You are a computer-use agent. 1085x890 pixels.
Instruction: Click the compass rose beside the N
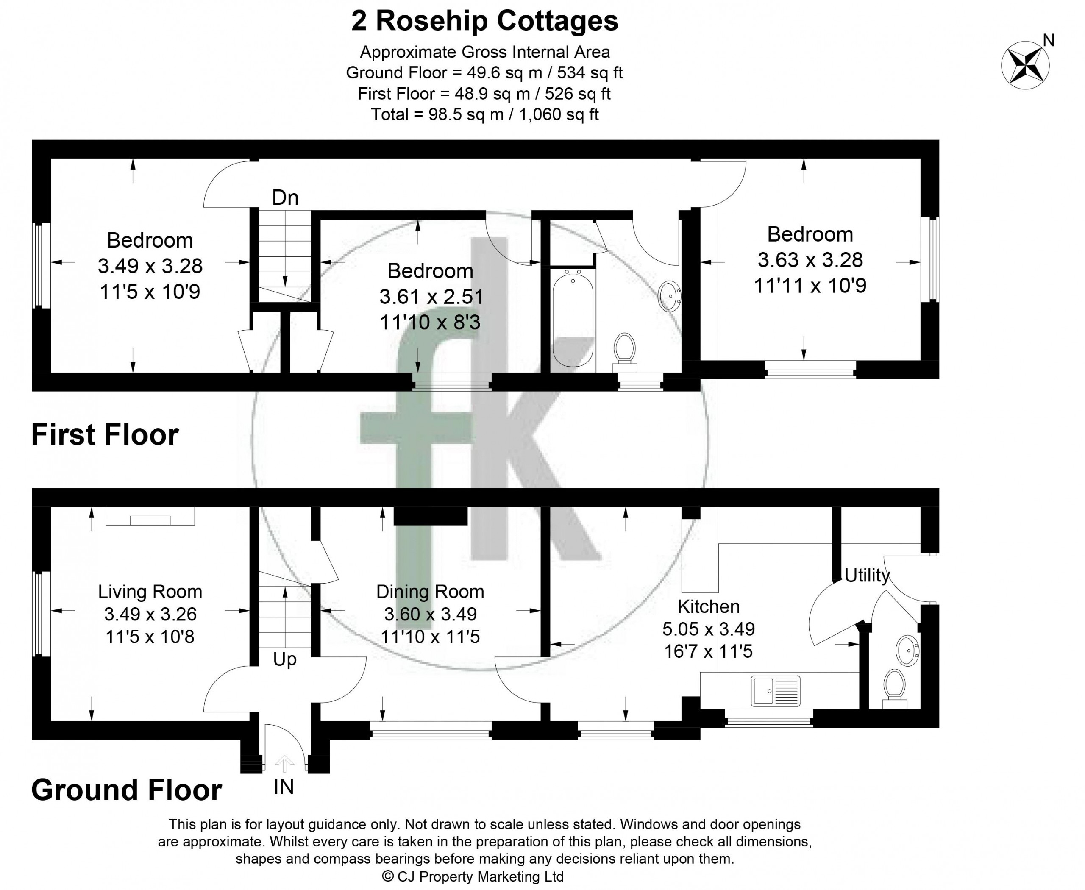tap(1025, 66)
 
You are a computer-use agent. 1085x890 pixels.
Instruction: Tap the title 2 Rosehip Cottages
tap(484, 22)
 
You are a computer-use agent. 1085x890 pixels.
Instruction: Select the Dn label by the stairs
tap(285, 197)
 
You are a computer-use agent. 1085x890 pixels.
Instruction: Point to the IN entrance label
tap(284, 787)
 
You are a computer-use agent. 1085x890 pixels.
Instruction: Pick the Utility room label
tap(867, 575)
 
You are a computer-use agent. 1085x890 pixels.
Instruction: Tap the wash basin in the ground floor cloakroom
tap(907, 651)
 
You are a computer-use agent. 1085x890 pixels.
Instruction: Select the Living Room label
tap(150, 592)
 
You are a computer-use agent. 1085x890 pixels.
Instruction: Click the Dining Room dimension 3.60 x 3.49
tap(430, 614)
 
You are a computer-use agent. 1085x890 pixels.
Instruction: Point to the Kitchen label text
tap(709, 606)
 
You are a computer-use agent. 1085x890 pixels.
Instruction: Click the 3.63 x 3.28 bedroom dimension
tap(810, 260)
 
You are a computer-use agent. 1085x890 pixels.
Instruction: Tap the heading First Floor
tap(105, 435)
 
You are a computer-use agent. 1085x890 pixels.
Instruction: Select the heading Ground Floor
tap(127, 790)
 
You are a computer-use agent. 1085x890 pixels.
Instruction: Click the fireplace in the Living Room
tap(150, 516)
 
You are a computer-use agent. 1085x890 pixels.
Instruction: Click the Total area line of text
tap(484, 114)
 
